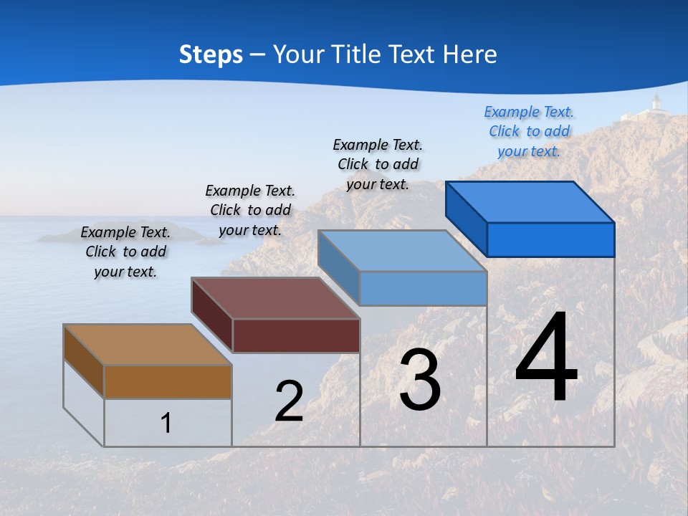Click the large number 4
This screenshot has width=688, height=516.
pos(546,359)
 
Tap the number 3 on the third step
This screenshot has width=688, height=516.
pos(420,381)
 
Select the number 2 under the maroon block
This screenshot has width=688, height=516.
pos(289,401)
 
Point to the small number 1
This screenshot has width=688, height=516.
pos(166,424)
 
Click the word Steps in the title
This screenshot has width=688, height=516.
pos(211,54)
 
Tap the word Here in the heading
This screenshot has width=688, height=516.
pos(469,54)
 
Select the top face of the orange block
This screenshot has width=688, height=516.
pos(147,345)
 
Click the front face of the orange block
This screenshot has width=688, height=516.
pos(168,382)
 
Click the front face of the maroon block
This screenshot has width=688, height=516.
pos(296,335)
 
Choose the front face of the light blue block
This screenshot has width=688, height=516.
pos(423,289)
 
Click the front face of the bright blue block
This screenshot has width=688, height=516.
pos(550,239)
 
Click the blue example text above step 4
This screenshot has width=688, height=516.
pos(529,131)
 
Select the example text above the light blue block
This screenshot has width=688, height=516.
pos(378,164)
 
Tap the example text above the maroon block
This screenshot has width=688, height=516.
pos(250,210)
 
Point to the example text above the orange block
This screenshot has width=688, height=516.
pos(125,252)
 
